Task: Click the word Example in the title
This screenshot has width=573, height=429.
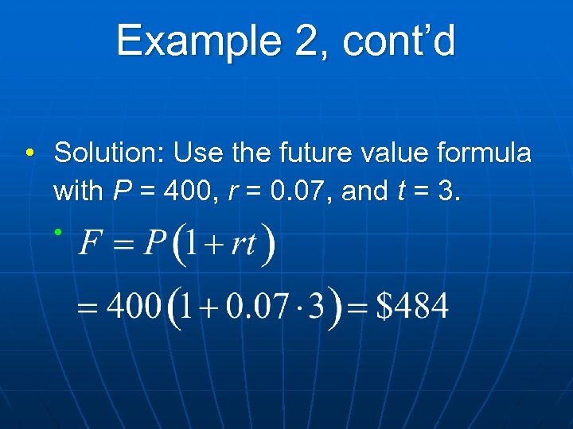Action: tap(195, 41)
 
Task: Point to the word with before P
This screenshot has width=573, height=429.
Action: tap(78, 191)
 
